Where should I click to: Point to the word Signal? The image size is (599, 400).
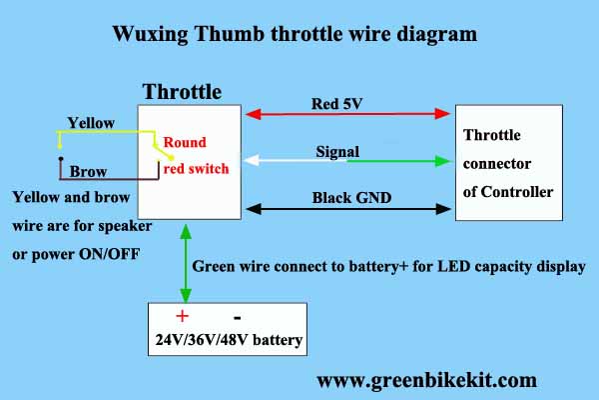pos(337,151)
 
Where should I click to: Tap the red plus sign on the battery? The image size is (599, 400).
pos(183,316)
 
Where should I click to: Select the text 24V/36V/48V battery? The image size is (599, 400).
pos(229,341)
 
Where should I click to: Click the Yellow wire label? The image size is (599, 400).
pos(91,122)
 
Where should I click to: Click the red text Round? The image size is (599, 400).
pos(185,142)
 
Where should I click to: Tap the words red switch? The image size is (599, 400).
pos(197,168)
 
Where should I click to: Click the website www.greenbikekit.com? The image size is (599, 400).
pos(426,380)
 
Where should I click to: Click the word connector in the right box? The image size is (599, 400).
pos(498,163)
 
